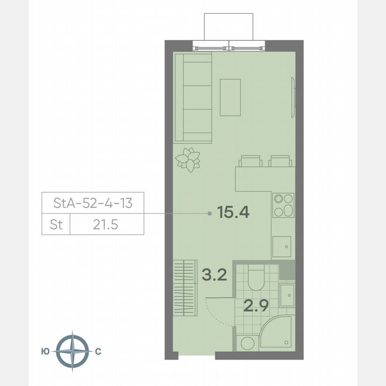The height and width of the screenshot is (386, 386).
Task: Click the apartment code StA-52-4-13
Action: click(x=92, y=203)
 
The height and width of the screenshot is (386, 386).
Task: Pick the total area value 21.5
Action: click(x=106, y=225)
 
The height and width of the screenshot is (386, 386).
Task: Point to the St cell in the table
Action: click(x=56, y=225)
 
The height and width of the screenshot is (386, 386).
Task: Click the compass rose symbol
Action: click(x=72, y=352)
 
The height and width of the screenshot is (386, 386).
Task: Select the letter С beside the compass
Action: click(x=98, y=352)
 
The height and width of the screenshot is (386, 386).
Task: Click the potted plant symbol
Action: click(x=188, y=159)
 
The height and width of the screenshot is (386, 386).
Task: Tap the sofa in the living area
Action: click(x=193, y=97)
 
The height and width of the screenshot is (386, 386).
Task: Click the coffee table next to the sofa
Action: click(x=230, y=97)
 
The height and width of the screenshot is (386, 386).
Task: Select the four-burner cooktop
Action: click(x=283, y=205)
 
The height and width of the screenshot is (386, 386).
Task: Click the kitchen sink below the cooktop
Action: click(x=282, y=246)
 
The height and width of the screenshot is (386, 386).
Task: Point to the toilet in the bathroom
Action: click(x=256, y=277)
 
